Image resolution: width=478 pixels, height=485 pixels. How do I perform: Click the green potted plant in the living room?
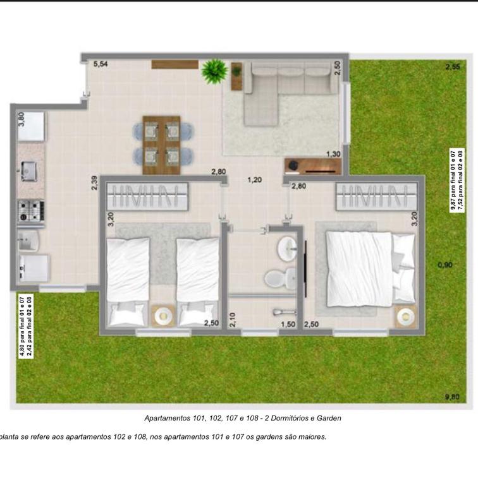coord(214,71)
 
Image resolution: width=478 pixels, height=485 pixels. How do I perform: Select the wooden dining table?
coord(161,145)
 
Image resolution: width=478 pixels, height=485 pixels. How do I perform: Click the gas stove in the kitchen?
coord(31,211)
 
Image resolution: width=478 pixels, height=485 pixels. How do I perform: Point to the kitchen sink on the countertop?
coord(29,171)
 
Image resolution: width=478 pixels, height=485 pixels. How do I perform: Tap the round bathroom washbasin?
coord(287,249)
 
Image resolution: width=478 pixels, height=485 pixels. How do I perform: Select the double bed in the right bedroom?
coord(371,270)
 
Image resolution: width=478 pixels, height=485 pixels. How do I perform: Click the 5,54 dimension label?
coord(101,64)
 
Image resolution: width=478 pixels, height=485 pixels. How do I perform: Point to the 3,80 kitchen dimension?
coord(21,119)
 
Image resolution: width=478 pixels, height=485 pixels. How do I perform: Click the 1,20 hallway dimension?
coord(254,180)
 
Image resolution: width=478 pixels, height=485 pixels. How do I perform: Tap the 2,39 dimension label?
coord(94,183)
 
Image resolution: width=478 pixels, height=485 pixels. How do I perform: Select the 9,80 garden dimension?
coord(452,397)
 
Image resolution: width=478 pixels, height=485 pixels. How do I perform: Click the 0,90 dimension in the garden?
coord(445,265)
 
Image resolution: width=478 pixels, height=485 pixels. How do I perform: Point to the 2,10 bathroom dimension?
coord(233,320)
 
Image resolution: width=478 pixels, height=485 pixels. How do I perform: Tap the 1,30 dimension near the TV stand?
coord(333,153)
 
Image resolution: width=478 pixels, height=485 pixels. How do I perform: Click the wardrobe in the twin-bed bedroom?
coord(147,196)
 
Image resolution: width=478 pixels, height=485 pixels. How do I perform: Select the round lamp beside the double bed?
coord(406,316)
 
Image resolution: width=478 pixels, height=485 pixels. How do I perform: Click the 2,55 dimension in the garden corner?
coord(453,66)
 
